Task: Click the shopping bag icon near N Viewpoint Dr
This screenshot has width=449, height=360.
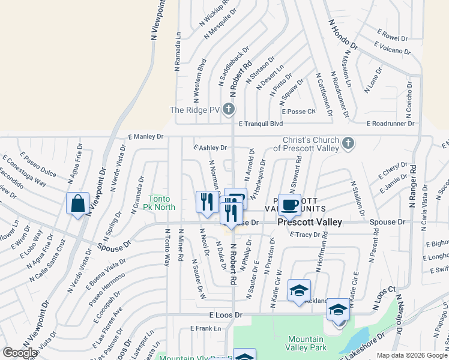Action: coord(78,203)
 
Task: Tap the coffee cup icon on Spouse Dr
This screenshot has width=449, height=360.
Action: coord(289,205)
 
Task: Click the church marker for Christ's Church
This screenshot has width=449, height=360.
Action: coord(348,143)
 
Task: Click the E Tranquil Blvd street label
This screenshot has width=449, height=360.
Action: coord(261,124)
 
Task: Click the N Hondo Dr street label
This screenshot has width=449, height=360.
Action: coord(343,34)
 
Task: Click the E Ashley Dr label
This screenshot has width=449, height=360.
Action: coord(209,147)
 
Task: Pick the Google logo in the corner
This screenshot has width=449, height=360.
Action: coord(20,353)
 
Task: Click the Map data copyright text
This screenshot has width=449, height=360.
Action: coord(412,355)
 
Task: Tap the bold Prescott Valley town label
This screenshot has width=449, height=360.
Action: coord(309,222)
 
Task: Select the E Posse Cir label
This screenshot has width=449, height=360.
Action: coord(298,112)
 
